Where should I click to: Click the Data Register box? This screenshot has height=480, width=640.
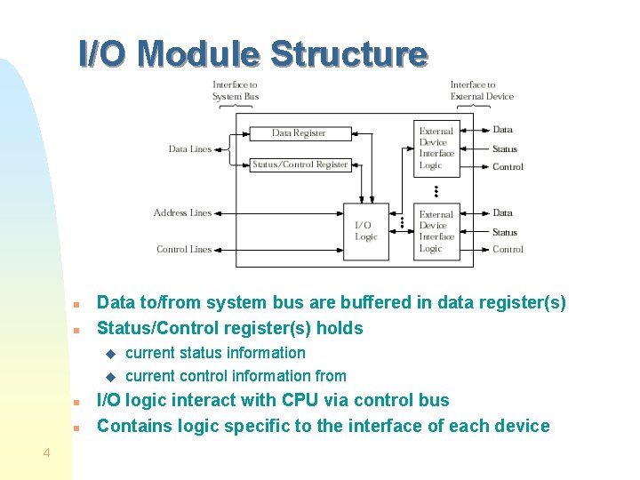(x=299, y=133)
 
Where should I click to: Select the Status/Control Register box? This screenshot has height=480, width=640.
(x=300, y=164)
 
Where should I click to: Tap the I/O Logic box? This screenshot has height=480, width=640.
(x=366, y=231)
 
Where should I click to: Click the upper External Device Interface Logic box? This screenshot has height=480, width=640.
(x=436, y=148)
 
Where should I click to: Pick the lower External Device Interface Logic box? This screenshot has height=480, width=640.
(x=436, y=231)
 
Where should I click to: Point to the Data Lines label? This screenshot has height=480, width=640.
(x=190, y=149)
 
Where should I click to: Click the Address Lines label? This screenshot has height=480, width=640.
(x=182, y=213)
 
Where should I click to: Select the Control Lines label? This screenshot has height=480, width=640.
(x=184, y=250)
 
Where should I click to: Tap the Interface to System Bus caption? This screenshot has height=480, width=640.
(x=236, y=91)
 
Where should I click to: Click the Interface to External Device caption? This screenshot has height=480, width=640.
(x=482, y=91)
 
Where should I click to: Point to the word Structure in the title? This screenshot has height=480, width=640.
(x=348, y=54)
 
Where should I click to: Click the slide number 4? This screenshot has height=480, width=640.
(x=45, y=454)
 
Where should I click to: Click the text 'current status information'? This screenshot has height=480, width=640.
(x=215, y=353)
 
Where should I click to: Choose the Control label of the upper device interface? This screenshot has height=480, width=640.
(x=508, y=167)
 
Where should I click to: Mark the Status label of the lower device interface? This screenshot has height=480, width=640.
(x=505, y=233)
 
